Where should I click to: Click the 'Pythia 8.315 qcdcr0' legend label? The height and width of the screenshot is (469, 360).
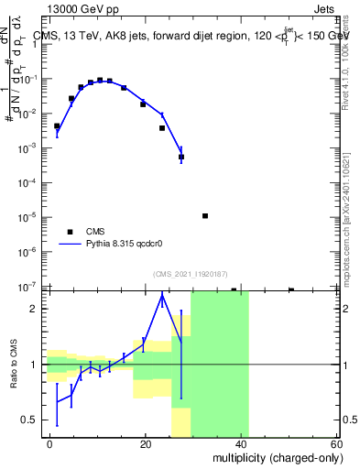[x=127, y=245]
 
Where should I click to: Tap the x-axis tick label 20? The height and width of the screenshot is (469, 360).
[x=145, y=444]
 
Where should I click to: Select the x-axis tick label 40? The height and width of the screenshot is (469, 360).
[x=241, y=444]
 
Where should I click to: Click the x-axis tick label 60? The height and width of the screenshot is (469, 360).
[x=336, y=444]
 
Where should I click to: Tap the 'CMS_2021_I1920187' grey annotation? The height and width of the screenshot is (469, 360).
[x=191, y=275]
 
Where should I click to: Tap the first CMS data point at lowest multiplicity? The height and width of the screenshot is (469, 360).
[x=57, y=125]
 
